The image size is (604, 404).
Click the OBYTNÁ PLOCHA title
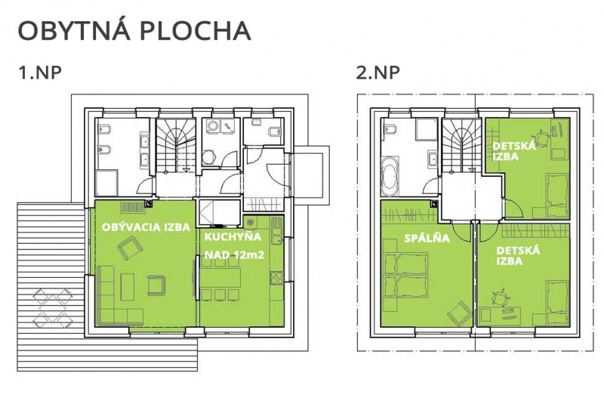tap(134, 30)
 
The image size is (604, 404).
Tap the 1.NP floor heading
tap(40, 72)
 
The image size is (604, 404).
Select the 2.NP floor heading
tap(378, 72)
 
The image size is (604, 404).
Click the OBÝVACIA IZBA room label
tap(146, 227)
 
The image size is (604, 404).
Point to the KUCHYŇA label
tap(233, 236)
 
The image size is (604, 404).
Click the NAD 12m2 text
tap(234, 254)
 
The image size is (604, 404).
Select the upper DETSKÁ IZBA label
tap(514, 151)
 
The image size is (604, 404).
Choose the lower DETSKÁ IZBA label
tap(518, 256)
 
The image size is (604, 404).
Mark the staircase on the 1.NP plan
tap(175, 146)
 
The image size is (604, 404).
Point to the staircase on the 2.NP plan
tap(461, 145)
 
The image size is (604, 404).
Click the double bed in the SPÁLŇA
tap(406, 275)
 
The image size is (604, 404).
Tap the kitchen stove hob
tap(276, 278)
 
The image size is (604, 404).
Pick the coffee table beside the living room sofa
tap(128, 286)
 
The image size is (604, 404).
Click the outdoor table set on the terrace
tap(52, 307)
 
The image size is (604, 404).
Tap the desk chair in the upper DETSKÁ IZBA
tap(541, 138)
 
